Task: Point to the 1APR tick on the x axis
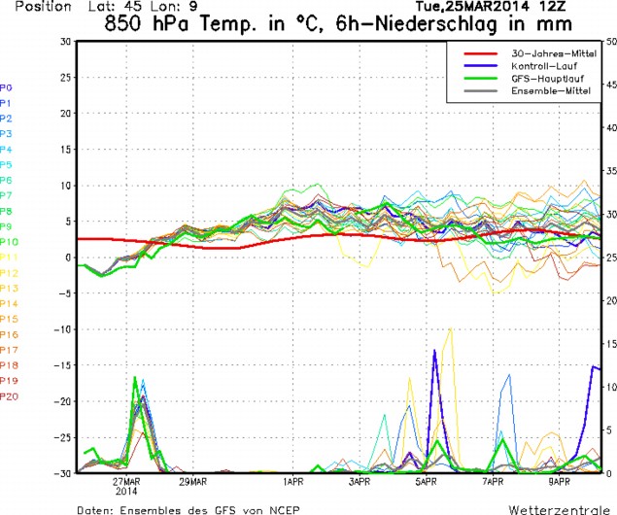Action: click(x=294, y=482)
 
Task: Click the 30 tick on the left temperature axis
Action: click(x=64, y=42)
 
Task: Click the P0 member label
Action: click(x=7, y=87)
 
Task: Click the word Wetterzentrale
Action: click(x=560, y=508)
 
